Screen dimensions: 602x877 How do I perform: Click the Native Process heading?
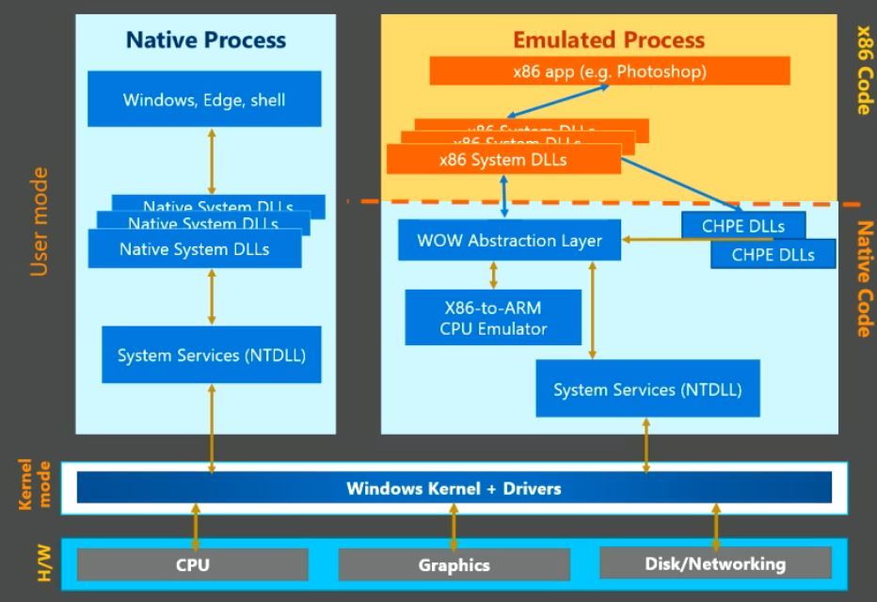tap(205, 40)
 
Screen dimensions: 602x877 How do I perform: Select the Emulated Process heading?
tap(608, 40)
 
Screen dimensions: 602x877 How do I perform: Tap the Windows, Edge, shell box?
tap(204, 99)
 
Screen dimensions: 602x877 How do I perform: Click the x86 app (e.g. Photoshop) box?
tap(609, 71)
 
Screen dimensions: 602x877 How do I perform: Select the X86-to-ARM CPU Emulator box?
tap(493, 318)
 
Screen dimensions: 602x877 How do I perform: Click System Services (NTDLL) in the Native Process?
tap(211, 355)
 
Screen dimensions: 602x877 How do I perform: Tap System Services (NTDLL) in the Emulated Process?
tap(646, 388)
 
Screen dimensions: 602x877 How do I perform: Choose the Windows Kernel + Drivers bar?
tap(454, 488)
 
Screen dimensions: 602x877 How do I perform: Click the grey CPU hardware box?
tap(192, 565)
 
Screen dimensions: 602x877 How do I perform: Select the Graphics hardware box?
tap(454, 565)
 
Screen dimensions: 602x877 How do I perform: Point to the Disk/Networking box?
tap(715, 564)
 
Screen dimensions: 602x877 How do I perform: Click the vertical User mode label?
tap(39, 222)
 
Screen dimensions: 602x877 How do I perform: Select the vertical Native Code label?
tap(863, 278)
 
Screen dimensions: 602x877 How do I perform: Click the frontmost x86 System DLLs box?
tap(503, 160)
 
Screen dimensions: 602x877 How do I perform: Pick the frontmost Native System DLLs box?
tap(195, 249)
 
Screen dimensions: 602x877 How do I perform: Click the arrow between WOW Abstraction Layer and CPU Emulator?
tap(493, 275)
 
